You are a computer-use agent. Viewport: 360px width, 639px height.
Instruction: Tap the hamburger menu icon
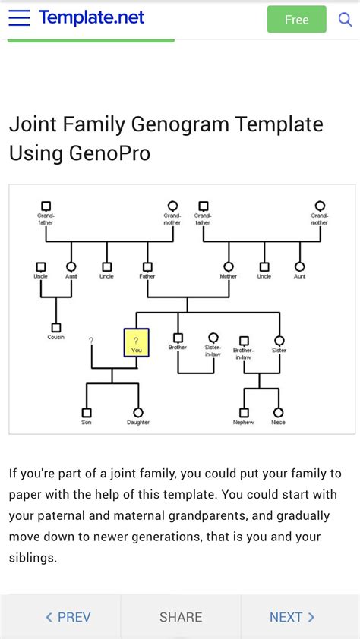[x=19, y=18]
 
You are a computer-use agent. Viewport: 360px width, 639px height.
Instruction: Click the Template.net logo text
[x=91, y=17]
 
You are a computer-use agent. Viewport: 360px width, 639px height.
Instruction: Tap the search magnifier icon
[x=345, y=19]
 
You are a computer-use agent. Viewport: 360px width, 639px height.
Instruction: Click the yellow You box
[x=136, y=342]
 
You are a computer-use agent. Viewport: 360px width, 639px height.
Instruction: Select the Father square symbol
[x=147, y=266]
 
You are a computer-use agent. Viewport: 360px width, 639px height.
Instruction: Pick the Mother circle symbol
[x=228, y=266]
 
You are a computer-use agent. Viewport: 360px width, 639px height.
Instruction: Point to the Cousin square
[x=55, y=327]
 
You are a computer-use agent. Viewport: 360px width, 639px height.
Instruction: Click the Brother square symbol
[x=178, y=338]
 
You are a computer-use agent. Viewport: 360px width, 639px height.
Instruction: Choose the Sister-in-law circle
[x=213, y=338]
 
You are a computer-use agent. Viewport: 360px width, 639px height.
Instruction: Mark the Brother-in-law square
[x=244, y=341]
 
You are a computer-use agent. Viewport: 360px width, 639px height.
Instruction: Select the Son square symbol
[x=87, y=412]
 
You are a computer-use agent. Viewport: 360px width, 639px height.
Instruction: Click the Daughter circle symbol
[x=138, y=412]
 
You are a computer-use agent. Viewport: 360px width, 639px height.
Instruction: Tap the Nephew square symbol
[x=244, y=412]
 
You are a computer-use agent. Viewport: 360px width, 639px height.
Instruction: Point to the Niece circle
[x=278, y=412]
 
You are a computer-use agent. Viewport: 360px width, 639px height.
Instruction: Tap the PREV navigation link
[x=68, y=617]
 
